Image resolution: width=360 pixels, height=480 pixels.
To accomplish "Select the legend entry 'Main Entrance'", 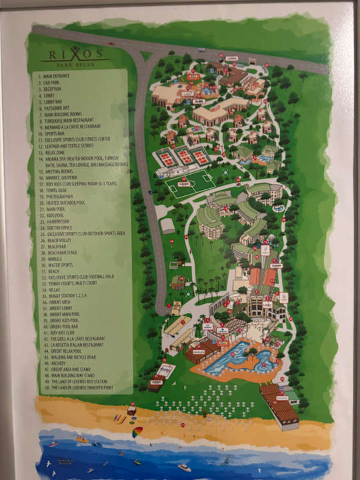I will point(61,76).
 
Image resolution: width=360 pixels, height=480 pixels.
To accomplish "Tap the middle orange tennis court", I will point(184,157).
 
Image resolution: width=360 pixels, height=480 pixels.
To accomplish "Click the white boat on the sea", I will point(185,467).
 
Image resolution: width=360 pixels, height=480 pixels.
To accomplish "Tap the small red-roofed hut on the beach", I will point(132,410).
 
